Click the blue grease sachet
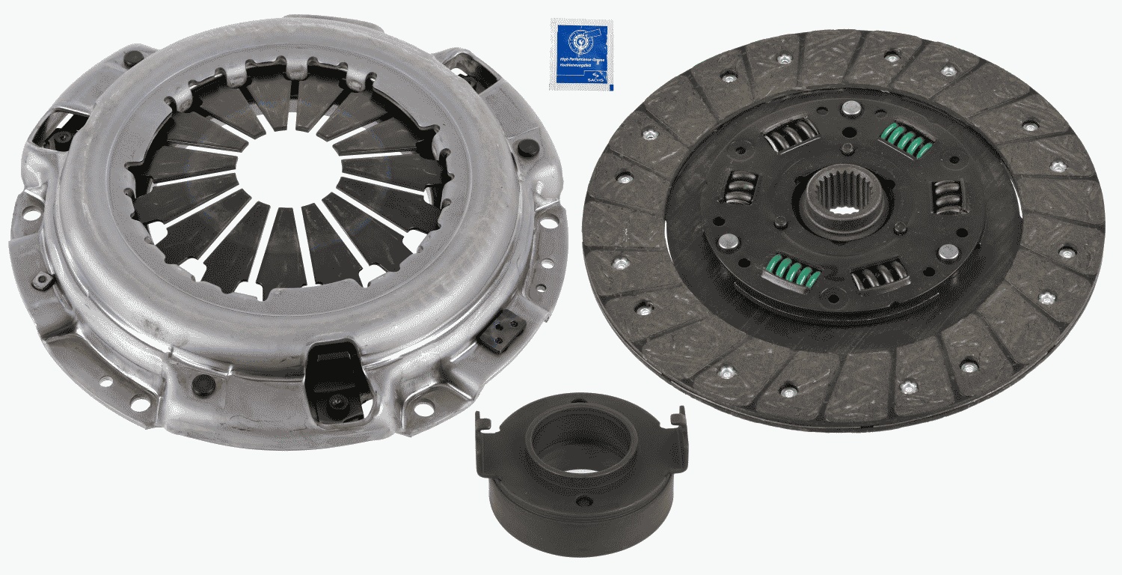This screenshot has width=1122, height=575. [581, 54]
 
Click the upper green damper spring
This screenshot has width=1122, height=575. [906, 140]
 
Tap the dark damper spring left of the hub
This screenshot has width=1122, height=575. [741, 187]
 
